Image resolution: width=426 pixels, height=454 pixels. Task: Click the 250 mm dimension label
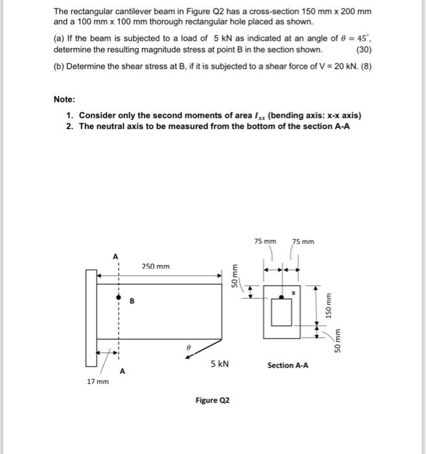(155, 267)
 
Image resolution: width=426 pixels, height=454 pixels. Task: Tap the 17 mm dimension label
(97, 381)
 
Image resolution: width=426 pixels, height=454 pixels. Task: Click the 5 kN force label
(219, 364)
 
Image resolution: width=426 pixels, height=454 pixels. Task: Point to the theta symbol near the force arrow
(189, 347)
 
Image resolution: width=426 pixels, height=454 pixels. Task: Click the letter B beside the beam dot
(132, 300)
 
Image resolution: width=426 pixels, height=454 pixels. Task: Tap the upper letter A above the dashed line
(116, 256)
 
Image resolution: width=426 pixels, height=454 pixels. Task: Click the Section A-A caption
(287, 365)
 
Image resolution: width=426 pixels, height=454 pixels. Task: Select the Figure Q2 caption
(212, 400)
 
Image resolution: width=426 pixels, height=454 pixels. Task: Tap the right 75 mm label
(302, 242)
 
